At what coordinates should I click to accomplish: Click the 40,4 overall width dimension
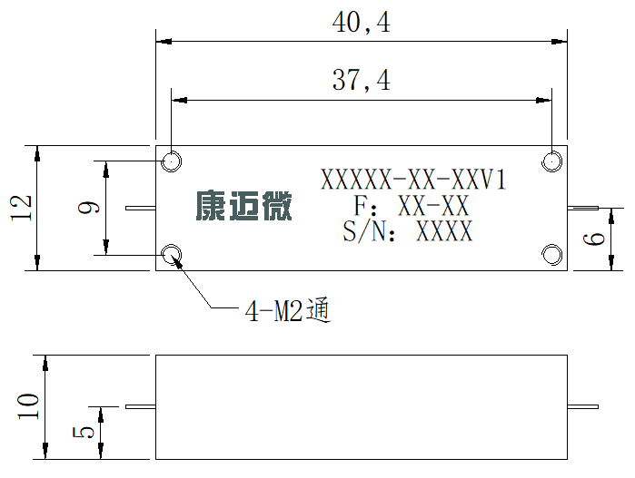click(x=362, y=23)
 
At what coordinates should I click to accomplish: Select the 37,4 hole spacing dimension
click(x=362, y=80)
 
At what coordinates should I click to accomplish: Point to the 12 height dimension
click(x=21, y=208)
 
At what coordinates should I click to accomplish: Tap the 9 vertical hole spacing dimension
click(x=89, y=207)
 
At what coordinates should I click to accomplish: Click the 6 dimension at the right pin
click(x=594, y=239)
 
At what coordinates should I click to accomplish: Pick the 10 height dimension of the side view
click(x=28, y=405)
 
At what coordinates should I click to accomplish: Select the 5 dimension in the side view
click(x=84, y=433)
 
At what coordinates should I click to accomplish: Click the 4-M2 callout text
click(x=288, y=311)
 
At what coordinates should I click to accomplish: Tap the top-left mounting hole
click(x=172, y=161)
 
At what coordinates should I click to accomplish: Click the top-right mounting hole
click(x=551, y=161)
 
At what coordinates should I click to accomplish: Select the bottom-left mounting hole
click(x=172, y=255)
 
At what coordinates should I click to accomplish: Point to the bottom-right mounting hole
click(x=551, y=255)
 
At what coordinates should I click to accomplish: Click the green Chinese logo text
click(x=243, y=206)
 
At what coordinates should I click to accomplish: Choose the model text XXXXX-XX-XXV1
click(x=413, y=180)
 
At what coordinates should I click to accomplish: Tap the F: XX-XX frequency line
click(x=412, y=205)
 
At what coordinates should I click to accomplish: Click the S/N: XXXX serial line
click(x=408, y=231)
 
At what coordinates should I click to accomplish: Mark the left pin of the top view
click(x=141, y=208)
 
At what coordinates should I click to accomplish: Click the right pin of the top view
click(x=582, y=208)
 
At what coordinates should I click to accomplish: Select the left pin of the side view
click(x=141, y=406)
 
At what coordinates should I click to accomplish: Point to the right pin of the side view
click(x=582, y=406)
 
